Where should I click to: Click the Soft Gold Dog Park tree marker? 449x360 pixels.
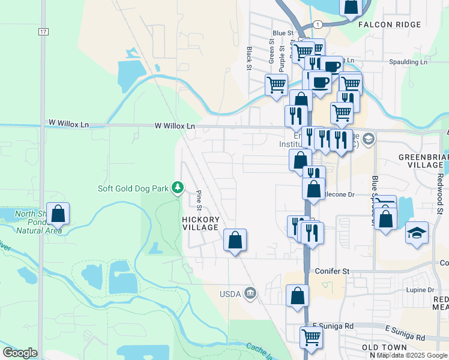[x=178, y=188]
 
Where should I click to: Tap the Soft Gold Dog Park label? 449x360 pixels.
[x=134, y=188]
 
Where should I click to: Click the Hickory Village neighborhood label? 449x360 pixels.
[x=200, y=223]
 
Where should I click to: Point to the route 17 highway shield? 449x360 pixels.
[x=42, y=31]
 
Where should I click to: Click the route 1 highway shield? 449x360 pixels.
[x=318, y=24]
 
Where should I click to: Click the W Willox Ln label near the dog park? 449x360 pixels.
[x=175, y=126]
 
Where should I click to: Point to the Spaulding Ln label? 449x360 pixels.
[x=408, y=62]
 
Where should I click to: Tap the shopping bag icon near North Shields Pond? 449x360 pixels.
[x=58, y=214]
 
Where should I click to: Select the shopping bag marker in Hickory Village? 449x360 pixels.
[x=235, y=241]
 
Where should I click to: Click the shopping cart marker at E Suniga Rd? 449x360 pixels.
[x=311, y=337]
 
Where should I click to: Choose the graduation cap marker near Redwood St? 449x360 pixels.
[x=417, y=232]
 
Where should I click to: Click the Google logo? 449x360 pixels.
[x=20, y=353]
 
